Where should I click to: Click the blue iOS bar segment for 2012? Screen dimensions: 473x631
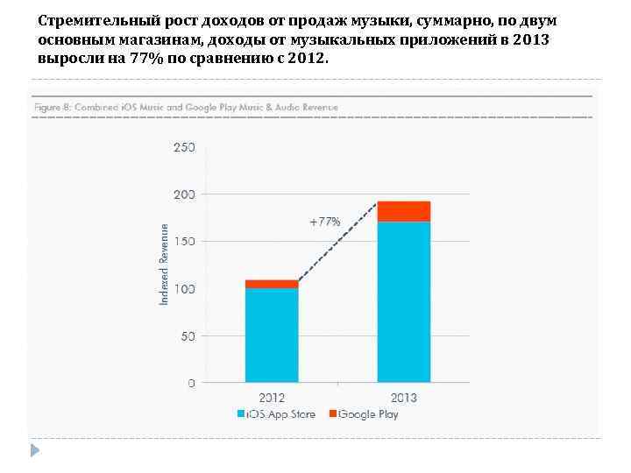tap(272, 335)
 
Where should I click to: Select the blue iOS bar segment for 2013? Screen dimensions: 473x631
tap(404, 301)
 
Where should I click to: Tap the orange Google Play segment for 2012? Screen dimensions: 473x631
tap(272, 284)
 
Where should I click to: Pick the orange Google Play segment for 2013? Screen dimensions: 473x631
tap(404, 211)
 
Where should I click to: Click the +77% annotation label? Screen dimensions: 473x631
tap(324, 222)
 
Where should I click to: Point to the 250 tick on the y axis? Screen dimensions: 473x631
tap(184, 147)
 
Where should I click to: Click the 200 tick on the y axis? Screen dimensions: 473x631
tap(184, 194)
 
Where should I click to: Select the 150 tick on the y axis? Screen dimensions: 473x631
tap(184, 241)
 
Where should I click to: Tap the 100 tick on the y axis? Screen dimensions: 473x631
tap(184, 288)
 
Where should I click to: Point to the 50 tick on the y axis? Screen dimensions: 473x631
tap(187, 335)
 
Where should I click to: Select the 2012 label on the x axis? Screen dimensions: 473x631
tap(272, 398)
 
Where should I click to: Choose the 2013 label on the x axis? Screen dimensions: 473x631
tap(404, 398)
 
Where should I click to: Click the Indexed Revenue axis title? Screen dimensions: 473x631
tap(163, 264)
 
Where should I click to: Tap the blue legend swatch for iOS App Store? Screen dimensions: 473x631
tap(240, 413)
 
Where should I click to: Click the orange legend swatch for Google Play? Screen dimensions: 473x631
tap(334, 413)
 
